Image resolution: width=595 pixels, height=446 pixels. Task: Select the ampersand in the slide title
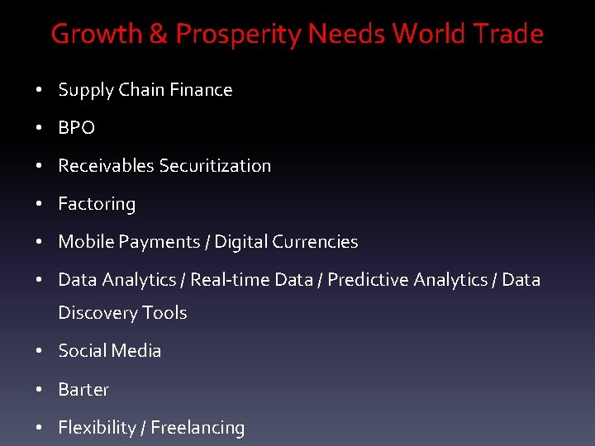[156, 34]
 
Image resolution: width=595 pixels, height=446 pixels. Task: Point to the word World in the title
[428, 34]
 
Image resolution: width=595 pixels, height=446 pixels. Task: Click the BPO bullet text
[77, 128]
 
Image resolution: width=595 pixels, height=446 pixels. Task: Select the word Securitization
[215, 166]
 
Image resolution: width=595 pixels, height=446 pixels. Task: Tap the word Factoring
[97, 204]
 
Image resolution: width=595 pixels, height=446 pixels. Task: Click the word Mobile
[87, 242]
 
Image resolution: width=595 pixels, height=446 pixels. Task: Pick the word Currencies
[315, 242]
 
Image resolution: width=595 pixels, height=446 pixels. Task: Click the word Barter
[83, 389]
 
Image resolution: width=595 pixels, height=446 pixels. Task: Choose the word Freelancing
[198, 428]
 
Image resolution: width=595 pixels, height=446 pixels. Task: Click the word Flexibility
[98, 428]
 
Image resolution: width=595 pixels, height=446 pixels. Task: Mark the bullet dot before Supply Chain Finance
[40, 90]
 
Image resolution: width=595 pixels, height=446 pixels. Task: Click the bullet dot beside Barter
[40, 389]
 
